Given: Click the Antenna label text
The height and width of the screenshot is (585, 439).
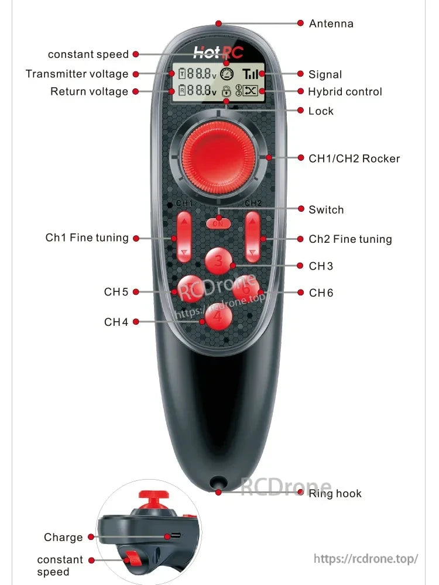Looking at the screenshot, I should (331, 23).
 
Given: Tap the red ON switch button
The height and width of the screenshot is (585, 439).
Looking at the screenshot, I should (218, 223).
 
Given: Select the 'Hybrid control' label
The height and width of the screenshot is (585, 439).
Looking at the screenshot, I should (345, 92).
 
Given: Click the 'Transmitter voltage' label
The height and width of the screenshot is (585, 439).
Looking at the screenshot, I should (77, 74).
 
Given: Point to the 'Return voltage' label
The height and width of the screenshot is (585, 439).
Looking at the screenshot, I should (89, 92).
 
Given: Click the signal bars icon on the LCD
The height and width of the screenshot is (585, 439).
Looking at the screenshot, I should (252, 74).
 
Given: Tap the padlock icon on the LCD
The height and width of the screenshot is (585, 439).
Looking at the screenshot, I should (225, 91).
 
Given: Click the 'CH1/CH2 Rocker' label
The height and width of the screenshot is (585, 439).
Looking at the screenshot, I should (354, 159).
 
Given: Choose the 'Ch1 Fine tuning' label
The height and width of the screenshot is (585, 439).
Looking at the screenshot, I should (87, 238).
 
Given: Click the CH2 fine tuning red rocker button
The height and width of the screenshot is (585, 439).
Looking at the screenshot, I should (252, 237).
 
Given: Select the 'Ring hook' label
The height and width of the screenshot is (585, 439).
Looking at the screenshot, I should (335, 494).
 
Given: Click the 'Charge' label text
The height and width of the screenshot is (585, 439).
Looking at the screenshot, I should (63, 538).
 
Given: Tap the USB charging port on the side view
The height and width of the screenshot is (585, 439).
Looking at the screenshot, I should (172, 535).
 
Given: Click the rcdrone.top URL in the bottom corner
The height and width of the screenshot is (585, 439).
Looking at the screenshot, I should (366, 559).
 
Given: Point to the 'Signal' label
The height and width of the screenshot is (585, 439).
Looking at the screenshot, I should (325, 74).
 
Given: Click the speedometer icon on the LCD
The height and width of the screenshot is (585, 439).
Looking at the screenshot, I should (227, 74).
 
